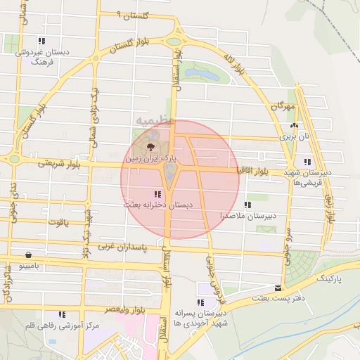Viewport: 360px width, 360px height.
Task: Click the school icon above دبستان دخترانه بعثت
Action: (156, 193)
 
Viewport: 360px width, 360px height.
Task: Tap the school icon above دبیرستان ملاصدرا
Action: (247, 205)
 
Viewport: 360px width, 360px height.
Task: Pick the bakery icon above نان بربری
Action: (294, 127)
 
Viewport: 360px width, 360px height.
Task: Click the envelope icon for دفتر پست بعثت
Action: (279, 289)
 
